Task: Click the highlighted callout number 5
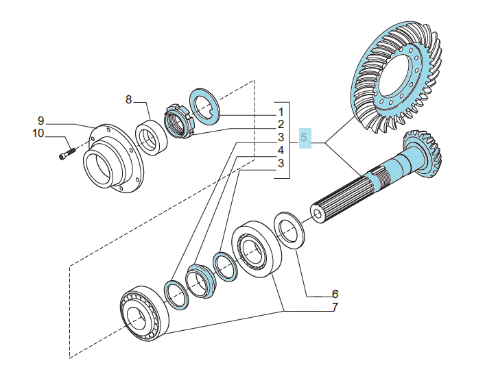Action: [x=304, y=137]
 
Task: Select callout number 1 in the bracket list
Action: [x=281, y=112]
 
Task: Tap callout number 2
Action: [x=281, y=125]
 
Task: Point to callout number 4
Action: [x=281, y=151]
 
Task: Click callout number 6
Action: [x=335, y=294]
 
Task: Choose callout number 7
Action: [x=335, y=308]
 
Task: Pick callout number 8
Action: [x=128, y=99]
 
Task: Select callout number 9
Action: [x=41, y=121]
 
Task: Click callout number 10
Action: [x=38, y=134]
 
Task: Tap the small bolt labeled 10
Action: [x=67, y=153]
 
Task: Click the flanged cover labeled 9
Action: [x=113, y=159]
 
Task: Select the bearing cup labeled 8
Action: [x=152, y=138]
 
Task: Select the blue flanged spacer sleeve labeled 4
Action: [x=201, y=281]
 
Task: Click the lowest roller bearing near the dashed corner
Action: [x=145, y=314]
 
